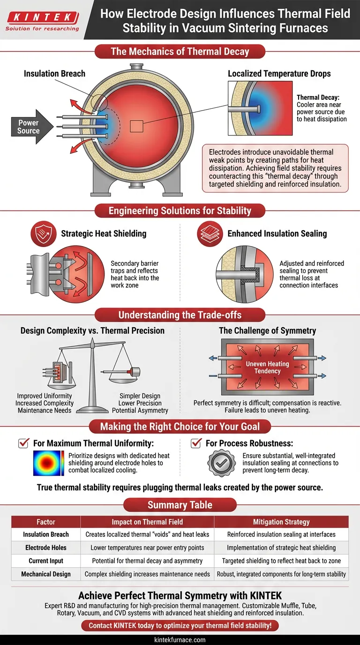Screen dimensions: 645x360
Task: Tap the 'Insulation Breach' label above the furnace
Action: point(55,74)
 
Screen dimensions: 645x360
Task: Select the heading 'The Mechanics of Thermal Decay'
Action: point(180,51)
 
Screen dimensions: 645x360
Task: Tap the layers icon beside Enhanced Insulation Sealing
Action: point(209,233)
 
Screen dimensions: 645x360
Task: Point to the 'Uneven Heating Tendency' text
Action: point(268,367)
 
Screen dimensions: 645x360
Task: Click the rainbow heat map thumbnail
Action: point(49,463)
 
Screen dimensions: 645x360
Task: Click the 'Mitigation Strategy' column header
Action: point(281,522)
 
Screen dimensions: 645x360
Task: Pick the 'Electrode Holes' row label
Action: point(46,547)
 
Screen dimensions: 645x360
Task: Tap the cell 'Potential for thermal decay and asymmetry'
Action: point(147,561)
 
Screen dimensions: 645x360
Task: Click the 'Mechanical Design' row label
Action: point(46,574)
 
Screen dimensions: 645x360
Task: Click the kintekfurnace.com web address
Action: point(180,640)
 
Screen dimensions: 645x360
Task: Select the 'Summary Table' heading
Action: point(180,505)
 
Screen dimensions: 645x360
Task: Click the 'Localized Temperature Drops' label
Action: point(279,74)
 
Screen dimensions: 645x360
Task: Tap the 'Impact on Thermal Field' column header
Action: point(147,522)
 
